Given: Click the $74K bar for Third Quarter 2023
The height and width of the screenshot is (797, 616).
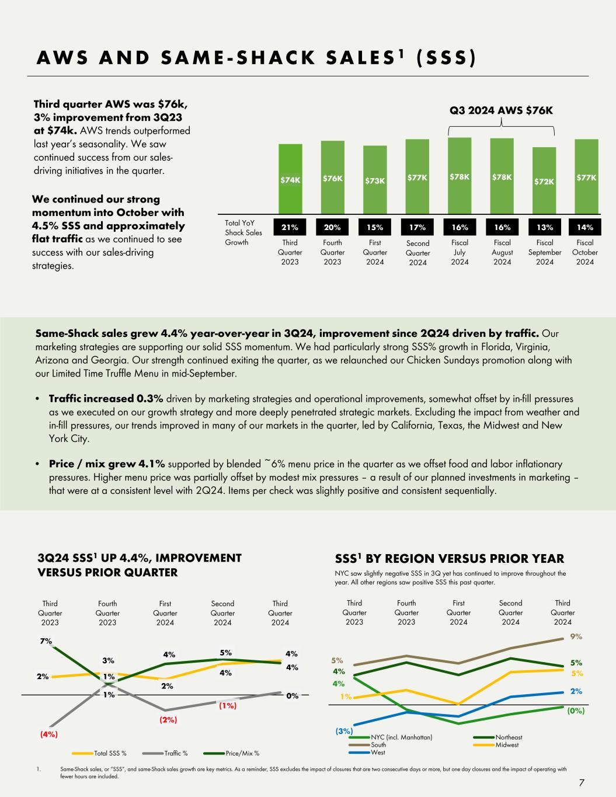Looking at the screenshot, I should pyautogui.click(x=290, y=179).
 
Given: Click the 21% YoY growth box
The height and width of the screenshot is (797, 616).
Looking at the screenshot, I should pyautogui.click(x=290, y=227).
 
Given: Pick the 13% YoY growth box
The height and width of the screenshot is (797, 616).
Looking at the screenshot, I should pyautogui.click(x=544, y=227).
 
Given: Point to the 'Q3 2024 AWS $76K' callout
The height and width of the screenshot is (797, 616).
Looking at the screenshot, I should pyautogui.click(x=502, y=111).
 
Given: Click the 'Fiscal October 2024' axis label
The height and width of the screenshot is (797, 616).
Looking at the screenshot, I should pyautogui.click(x=585, y=252).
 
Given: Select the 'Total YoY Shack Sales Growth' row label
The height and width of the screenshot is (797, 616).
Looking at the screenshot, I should pyautogui.click(x=243, y=232).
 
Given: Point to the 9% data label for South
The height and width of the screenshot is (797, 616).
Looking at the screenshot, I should pyautogui.click(x=576, y=637).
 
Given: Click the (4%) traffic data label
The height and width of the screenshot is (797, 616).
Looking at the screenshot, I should pyautogui.click(x=48, y=735).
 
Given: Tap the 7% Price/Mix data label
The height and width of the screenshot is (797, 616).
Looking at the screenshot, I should pyautogui.click(x=45, y=641).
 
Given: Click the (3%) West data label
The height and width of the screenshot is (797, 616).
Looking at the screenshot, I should pyautogui.click(x=344, y=730).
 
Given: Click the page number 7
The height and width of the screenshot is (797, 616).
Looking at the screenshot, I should pyautogui.click(x=581, y=783).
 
